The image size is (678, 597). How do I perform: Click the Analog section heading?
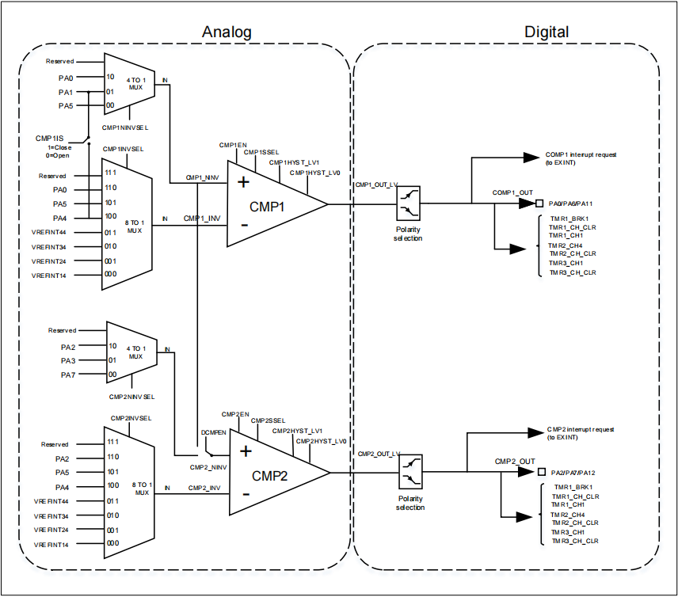tap(227, 32)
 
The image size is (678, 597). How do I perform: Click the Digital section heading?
tap(547, 32)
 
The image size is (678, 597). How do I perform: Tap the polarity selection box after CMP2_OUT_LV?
tap(410, 473)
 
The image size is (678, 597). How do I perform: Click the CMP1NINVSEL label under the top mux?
tap(125, 127)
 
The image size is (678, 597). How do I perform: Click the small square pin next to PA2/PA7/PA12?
tap(542, 473)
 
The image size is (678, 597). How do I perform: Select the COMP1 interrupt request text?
tap(581, 154)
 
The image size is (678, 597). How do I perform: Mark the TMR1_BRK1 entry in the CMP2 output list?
tap(573, 487)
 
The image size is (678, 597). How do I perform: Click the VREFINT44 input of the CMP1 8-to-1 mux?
tap(49, 232)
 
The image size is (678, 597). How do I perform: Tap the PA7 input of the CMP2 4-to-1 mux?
tap(68, 374)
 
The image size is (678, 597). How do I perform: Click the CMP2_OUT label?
tap(515, 461)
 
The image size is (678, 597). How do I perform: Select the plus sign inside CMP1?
tap(243, 182)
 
